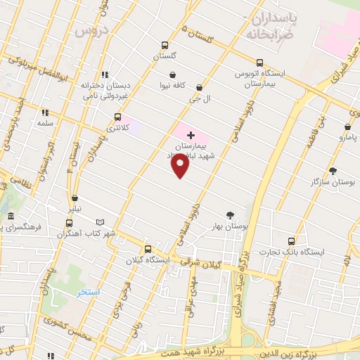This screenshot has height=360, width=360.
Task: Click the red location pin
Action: [x=181, y=165]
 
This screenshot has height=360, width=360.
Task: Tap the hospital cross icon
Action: [x=191, y=134]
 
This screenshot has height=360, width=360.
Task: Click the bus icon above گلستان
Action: [x=165, y=45]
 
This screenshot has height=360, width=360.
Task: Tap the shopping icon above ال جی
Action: [x=200, y=88]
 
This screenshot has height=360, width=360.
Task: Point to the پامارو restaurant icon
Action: [x=347, y=127]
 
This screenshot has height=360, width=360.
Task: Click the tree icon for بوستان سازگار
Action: [x=333, y=170]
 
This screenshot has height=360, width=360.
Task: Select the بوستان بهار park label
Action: [x=230, y=226]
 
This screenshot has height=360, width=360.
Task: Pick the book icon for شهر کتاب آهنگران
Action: [x=100, y=222]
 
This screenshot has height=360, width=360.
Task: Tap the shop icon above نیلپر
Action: [x=75, y=198]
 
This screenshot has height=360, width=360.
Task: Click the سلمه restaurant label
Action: [x=46, y=123]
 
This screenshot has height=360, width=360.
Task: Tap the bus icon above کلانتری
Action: [x=117, y=117]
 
